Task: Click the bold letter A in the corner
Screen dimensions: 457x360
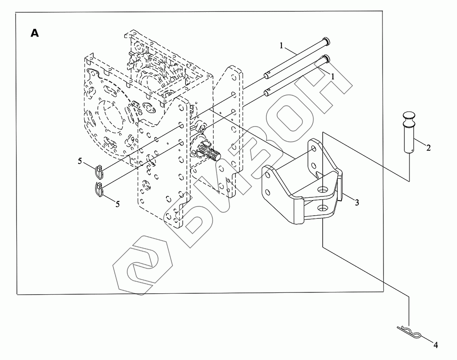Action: coord(34,33)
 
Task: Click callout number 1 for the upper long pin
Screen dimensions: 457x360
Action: coord(282,46)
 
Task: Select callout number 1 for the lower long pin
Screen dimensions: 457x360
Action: coord(333,77)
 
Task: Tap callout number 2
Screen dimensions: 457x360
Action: coord(428,147)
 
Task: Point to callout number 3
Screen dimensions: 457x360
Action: coord(357,201)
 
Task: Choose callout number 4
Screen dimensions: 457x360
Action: coord(436,345)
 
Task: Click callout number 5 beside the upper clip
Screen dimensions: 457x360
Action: coord(80,161)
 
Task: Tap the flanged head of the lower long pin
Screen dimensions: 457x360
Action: coord(325,58)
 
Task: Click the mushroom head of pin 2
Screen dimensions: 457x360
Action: coord(409,118)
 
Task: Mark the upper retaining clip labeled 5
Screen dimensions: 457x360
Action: coord(99,171)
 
